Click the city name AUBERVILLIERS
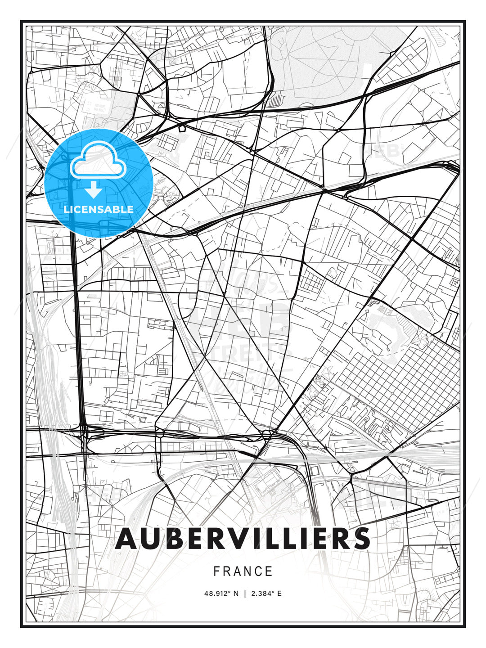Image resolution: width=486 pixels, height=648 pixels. pyautogui.click(x=243, y=538)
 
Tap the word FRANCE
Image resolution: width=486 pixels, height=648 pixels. pyautogui.click(x=243, y=571)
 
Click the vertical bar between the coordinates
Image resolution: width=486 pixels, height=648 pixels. pyautogui.click(x=245, y=594)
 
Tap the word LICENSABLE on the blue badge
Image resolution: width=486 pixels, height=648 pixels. pyautogui.click(x=99, y=209)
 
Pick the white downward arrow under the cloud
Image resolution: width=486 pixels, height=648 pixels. pyautogui.click(x=94, y=190)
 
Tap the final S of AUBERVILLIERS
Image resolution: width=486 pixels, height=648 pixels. pyautogui.click(x=360, y=538)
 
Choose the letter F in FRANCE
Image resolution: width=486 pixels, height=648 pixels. pyautogui.click(x=217, y=571)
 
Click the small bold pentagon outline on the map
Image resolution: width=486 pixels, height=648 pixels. pyautogui.click(x=182, y=128)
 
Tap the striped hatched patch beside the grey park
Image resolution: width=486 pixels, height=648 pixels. pyautogui.click(x=274, y=99)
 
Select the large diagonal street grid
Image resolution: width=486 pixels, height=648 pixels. pyautogui.click(x=396, y=382)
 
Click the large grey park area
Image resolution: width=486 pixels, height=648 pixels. pyautogui.click(x=324, y=63)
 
